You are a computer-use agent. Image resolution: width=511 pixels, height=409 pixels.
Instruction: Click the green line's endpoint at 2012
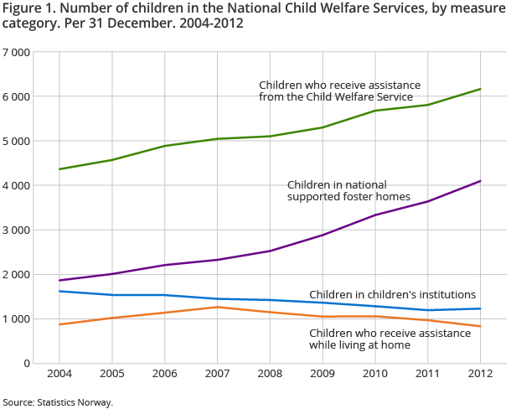[x=481, y=89]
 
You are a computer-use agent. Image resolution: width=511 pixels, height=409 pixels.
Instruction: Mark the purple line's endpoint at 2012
[x=481, y=181]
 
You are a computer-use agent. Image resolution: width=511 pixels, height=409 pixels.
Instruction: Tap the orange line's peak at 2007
[x=218, y=307]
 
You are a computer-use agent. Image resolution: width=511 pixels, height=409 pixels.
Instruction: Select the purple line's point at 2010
[x=375, y=215]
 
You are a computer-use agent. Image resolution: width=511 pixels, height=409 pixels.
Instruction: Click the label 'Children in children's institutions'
[x=392, y=294]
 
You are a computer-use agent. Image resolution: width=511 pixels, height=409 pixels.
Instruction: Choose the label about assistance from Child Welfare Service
[x=339, y=91]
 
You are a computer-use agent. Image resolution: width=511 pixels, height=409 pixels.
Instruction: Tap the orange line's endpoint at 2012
[x=481, y=326]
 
